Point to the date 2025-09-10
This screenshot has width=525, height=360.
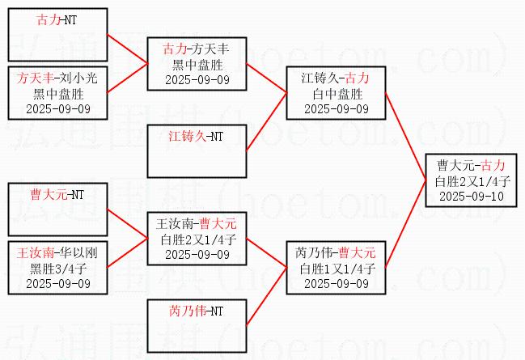(471, 196)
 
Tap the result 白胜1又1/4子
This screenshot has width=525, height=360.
(336, 268)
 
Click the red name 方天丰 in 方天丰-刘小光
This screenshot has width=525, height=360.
(36, 78)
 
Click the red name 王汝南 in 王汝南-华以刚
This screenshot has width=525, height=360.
(36, 252)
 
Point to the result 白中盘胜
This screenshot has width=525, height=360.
(336, 93)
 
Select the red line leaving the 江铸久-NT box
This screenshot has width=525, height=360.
(267, 121)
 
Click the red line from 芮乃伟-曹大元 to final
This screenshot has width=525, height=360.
(404, 222)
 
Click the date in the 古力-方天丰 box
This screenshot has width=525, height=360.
(197, 79)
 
